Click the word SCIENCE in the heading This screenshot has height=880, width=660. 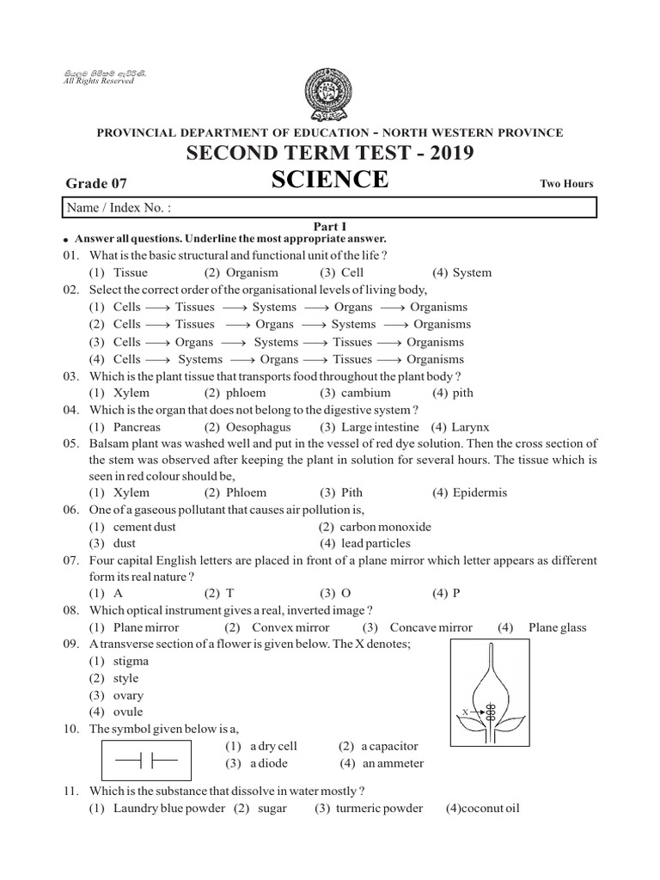tap(330, 180)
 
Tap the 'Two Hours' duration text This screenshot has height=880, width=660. tap(566, 184)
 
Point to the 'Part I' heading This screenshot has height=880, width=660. tap(330, 226)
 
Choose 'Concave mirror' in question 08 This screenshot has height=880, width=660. tap(430, 627)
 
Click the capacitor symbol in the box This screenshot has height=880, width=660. tap(140, 761)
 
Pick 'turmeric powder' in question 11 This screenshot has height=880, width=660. tap(378, 808)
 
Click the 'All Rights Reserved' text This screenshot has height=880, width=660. tap(100, 80)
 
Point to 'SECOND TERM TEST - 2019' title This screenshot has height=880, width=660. tap(330, 154)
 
